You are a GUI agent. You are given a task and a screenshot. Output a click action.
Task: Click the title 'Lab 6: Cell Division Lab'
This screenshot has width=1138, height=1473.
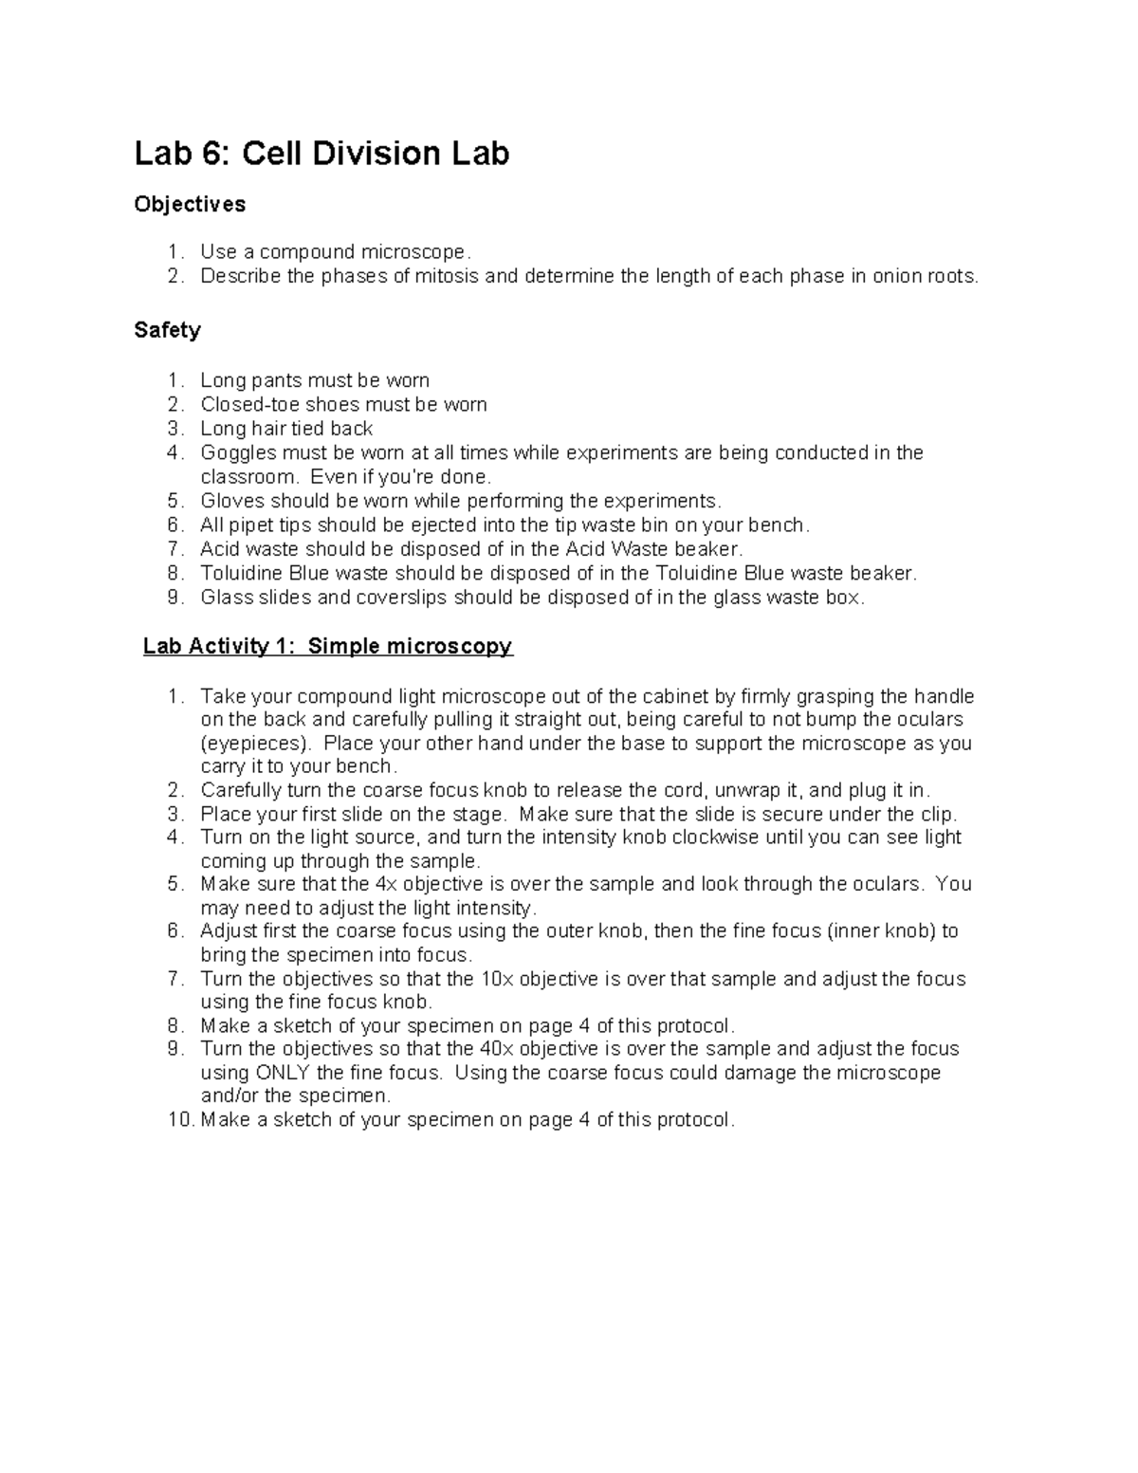[x=321, y=154]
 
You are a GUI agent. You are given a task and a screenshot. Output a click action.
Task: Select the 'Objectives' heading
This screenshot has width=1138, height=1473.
[x=190, y=205]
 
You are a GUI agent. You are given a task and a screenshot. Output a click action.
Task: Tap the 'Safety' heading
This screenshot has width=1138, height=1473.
[x=167, y=330]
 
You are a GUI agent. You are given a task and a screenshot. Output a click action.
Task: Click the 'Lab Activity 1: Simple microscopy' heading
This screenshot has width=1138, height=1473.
[x=327, y=647]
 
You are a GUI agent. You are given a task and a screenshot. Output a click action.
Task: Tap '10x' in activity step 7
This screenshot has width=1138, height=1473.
[x=496, y=979]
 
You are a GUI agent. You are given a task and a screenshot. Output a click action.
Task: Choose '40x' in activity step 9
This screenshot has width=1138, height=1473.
[x=496, y=1049]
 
